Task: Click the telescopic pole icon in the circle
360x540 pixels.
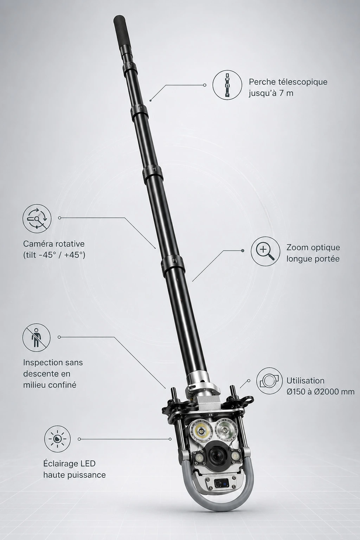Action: [227, 84]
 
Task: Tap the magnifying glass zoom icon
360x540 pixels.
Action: [265, 251]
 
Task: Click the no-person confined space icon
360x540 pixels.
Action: [37, 337]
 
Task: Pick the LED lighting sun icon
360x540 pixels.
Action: [57, 439]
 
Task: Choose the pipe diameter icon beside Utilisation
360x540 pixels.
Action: [269, 381]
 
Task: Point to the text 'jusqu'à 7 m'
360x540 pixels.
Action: [271, 93]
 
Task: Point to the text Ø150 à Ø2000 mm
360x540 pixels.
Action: [321, 392]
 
